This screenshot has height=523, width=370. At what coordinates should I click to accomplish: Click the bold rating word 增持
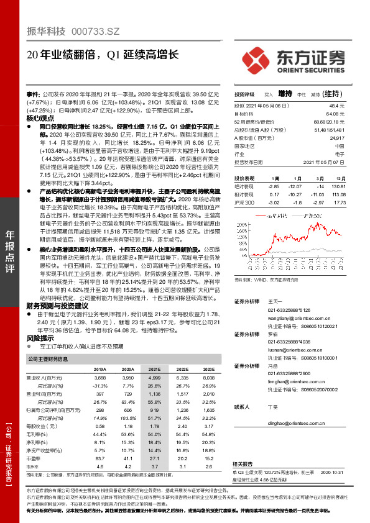285,94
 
